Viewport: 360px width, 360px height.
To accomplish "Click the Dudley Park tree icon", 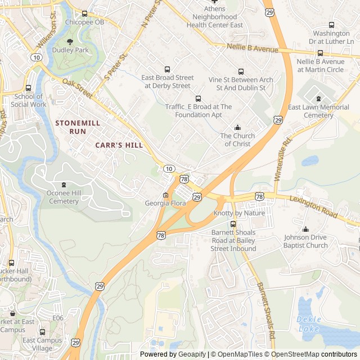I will click(x=70, y=42).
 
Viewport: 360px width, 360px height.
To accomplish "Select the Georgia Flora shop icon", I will click(x=165, y=195).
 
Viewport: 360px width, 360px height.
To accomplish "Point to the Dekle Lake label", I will click(x=308, y=323).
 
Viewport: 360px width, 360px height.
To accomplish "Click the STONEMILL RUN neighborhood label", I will click(x=70, y=127).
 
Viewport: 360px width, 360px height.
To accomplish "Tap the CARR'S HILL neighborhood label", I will click(x=119, y=145).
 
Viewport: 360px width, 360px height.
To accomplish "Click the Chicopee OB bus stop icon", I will click(x=84, y=13).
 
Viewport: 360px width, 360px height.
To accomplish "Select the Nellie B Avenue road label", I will click(x=253, y=49).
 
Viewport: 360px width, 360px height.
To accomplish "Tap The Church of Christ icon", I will click(x=237, y=128).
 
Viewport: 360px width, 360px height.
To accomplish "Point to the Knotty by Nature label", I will click(x=239, y=214).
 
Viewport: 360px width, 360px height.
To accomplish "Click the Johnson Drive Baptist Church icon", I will click(x=306, y=229).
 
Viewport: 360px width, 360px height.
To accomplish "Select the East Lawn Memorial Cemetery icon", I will click(x=318, y=99).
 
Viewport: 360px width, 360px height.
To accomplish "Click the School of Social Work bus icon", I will click(x=29, y=88).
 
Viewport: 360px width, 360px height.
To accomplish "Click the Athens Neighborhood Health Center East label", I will click(x=214, y=17).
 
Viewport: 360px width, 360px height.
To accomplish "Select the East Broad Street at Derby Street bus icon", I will click(x=167, y=69).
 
